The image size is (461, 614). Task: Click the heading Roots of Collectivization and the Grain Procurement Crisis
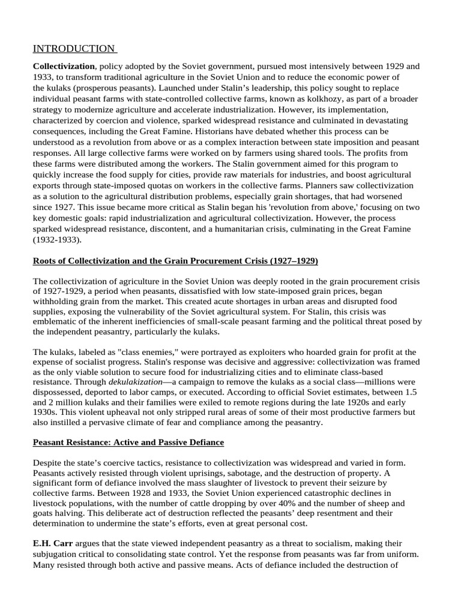pos(175,261)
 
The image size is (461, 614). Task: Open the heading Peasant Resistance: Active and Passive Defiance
pos(128,443)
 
